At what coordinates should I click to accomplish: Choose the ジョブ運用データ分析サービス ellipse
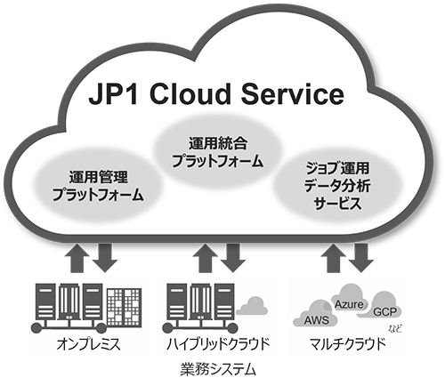coord(336,184)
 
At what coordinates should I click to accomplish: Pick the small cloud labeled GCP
coord(384,311)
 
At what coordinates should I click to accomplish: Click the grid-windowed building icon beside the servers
coord(124,306)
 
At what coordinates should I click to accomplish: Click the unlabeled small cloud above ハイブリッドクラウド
coord(252,306)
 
